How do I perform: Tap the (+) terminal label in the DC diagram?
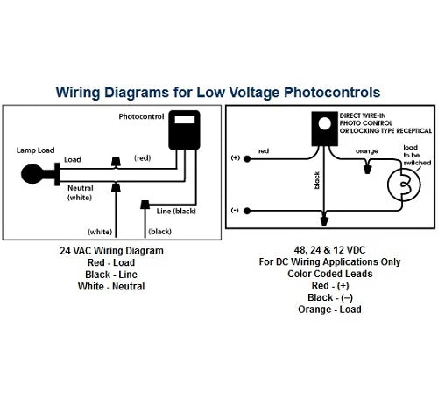pos(235,157)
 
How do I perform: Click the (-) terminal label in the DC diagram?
pos(235,186)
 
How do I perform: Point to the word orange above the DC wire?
pos(342,150)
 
